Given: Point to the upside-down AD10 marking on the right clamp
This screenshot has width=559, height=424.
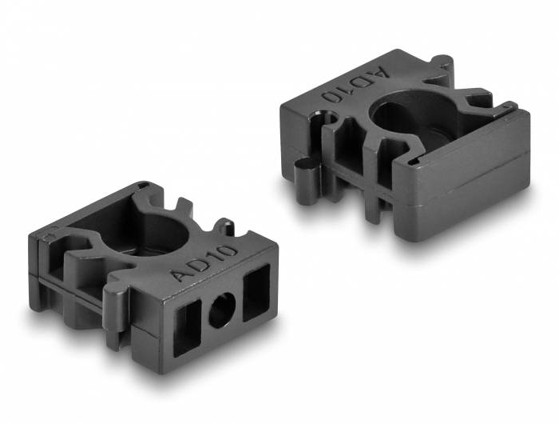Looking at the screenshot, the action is point(355,84).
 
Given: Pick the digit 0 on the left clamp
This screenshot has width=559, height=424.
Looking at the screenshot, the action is point(228,251).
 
